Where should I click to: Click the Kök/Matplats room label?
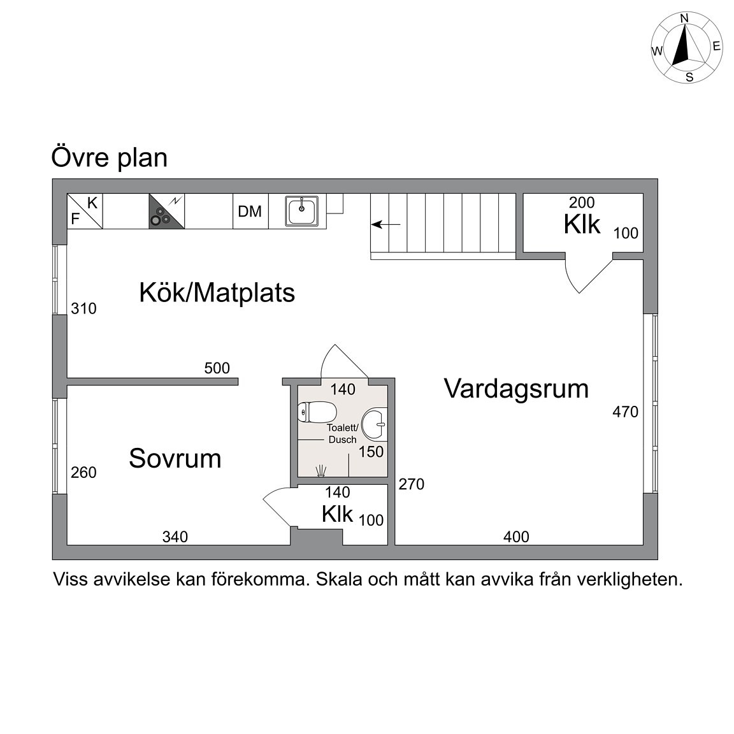pos(217,293)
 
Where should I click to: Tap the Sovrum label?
pos(175,458)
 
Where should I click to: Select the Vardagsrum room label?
pos(516,389)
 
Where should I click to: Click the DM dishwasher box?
pos(250,211)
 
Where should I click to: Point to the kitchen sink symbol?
pos(302,211)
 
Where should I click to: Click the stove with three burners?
pos(167,211)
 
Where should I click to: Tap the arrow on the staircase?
pos(386,225)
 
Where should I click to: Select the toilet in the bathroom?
pos(317,412)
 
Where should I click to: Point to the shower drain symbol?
pos(320,470)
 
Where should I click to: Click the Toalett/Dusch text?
pos(343,433)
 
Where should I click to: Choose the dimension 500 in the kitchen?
pos(217,368)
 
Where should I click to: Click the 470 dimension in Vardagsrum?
pos(626,412)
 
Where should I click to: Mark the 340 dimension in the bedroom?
pos(175,536)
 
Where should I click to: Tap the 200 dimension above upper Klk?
pos(582,202)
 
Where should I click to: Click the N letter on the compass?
pos(684,18)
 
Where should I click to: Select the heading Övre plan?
pos(109,158)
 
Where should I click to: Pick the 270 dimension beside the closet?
pos(412,484)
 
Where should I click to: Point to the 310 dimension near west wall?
pos(84,308)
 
